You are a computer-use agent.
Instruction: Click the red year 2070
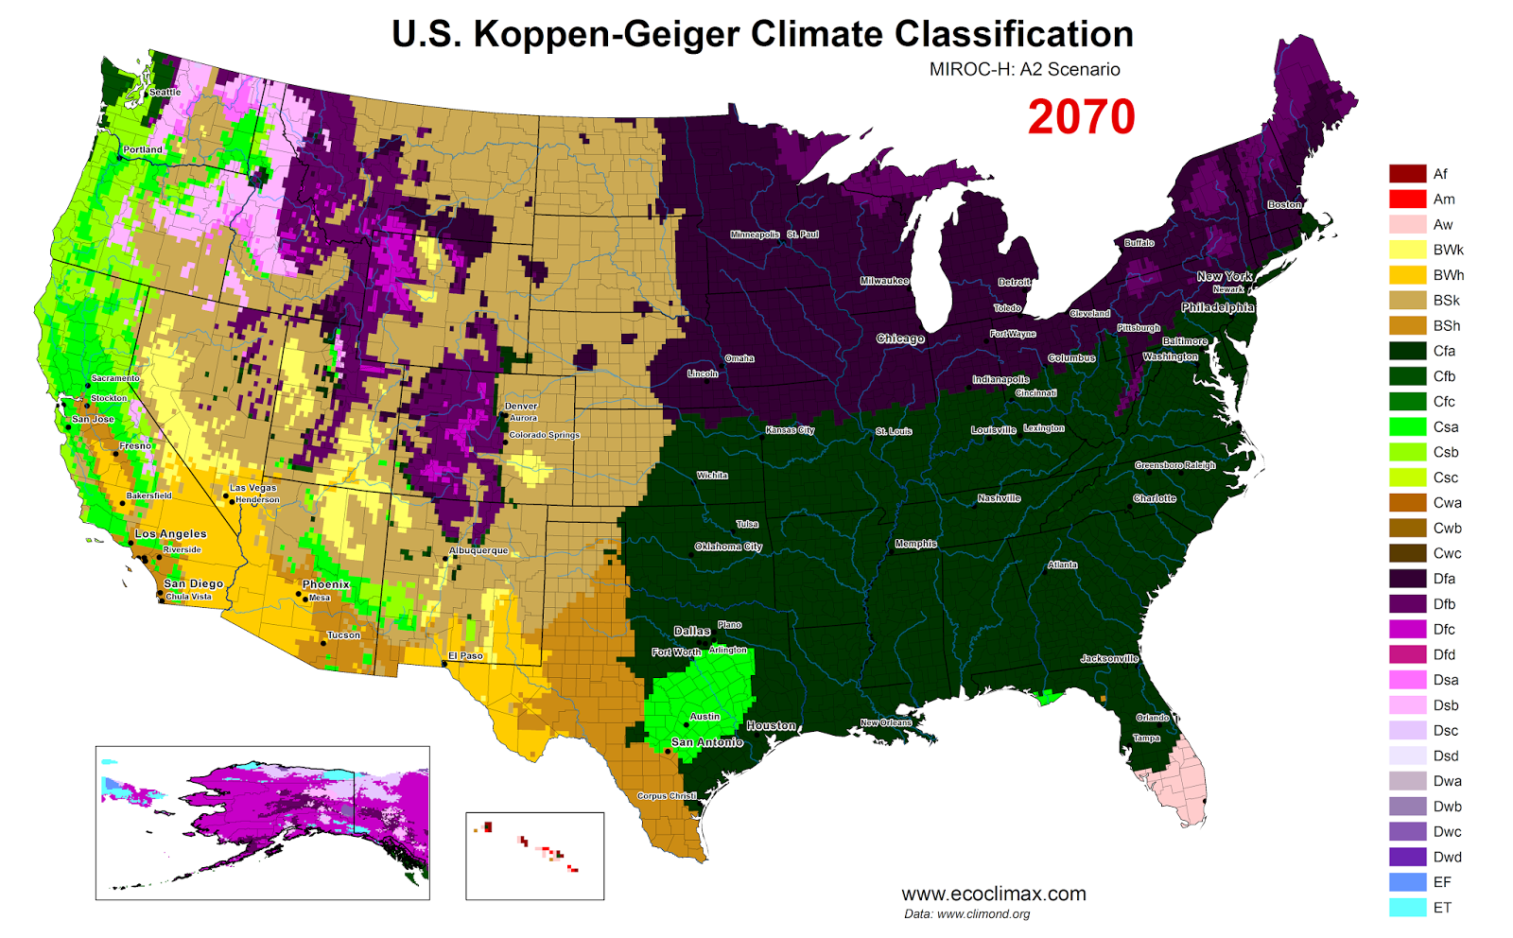(x=1081, y=117)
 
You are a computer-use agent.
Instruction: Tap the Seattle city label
(x=165, y=93)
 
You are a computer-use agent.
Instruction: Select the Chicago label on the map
(x=899, y=339)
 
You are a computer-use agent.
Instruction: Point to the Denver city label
(x=521, y=406)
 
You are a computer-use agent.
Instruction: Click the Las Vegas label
(x=253, y=488)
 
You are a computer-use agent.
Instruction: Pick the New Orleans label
(x=886, y=722)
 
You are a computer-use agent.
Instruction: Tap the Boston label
(x=1284, y=204)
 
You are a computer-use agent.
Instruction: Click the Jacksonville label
(x=1109, y=658)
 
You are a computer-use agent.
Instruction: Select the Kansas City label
(x=790, y=430)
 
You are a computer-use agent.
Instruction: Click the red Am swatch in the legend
(x=1407, y=200)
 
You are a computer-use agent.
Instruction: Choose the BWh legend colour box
(x=1407, y=275)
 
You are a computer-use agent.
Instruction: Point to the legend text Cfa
(x=1444, y=351)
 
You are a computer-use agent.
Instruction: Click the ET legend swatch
(x=1407, y=908)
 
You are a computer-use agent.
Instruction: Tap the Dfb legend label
(x=1444, y=604)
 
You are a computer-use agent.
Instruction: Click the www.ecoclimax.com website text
(x=993, y=894)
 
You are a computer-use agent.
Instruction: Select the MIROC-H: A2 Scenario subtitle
(x=1024, y=69)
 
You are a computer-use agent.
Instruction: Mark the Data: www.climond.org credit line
(x=966, y=914)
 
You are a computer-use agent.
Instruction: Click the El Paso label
(x=465, y=655)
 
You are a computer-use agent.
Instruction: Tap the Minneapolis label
(x=755, y=234)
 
